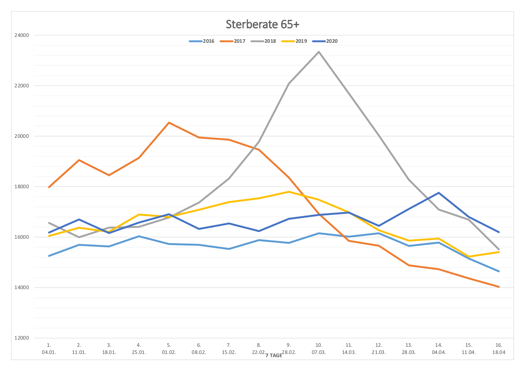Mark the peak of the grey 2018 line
tap(319, 52)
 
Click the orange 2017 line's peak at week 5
tap(169, 122)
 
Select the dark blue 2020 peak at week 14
tap(439, 193)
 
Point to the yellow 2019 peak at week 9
tap(289, 192)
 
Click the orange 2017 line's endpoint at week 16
tap(499, 287)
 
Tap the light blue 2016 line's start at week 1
tap(49, 256)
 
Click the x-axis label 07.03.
tap(319, 352)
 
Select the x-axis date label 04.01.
tap(49, 352)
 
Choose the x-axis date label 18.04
tap(499, 352)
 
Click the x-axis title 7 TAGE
tap(274, 356)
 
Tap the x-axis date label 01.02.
tap(169, 352)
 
